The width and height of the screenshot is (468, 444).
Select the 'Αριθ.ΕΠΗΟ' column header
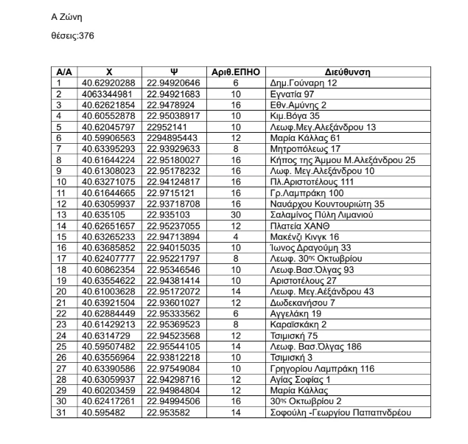(x=236, y=72)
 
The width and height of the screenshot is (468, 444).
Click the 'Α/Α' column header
(x=64, y=72)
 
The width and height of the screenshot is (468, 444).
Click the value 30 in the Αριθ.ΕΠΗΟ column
(x=236, y=215)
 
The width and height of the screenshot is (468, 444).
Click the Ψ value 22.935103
(x=169, y=215)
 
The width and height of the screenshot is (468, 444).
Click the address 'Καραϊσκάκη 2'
(x=299, y=325)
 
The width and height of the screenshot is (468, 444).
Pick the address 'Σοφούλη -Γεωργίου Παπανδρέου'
(x=340, y=412)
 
